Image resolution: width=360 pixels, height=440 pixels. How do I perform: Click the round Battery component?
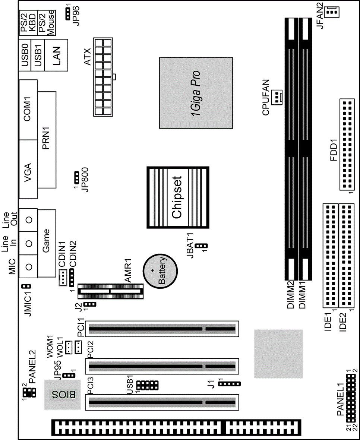[160, 270]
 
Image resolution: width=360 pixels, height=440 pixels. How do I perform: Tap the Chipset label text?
[177, 197]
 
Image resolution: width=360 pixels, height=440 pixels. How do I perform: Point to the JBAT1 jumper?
[202, 246]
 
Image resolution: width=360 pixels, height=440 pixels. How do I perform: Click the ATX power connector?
[103, 77]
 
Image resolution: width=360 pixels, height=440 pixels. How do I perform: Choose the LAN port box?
[56, 55]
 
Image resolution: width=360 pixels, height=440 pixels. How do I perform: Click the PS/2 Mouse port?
[47, 23]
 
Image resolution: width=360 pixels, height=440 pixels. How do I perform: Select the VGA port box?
[28, 169]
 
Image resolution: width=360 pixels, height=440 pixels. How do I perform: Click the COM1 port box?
[28, 110]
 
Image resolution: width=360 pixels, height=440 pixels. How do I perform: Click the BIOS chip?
[62, 395]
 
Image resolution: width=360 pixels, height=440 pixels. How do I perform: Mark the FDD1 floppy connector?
[346, 144]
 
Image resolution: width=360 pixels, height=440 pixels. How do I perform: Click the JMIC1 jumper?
[26, 287]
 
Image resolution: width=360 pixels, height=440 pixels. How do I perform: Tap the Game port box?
[47, 243]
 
